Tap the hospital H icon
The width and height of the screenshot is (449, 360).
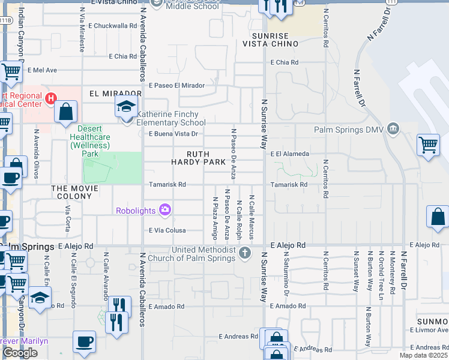tap(51, 97)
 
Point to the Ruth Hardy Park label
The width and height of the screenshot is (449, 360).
tap(198, 158)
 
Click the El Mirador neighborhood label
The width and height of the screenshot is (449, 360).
tap(115, 94)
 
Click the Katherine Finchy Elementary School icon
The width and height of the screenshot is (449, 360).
tap(127, 109)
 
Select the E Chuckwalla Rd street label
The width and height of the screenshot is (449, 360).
tap(113, 26)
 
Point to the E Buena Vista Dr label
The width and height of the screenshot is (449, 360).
tap(173, 134)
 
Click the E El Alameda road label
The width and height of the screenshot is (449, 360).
tap(290, 154)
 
